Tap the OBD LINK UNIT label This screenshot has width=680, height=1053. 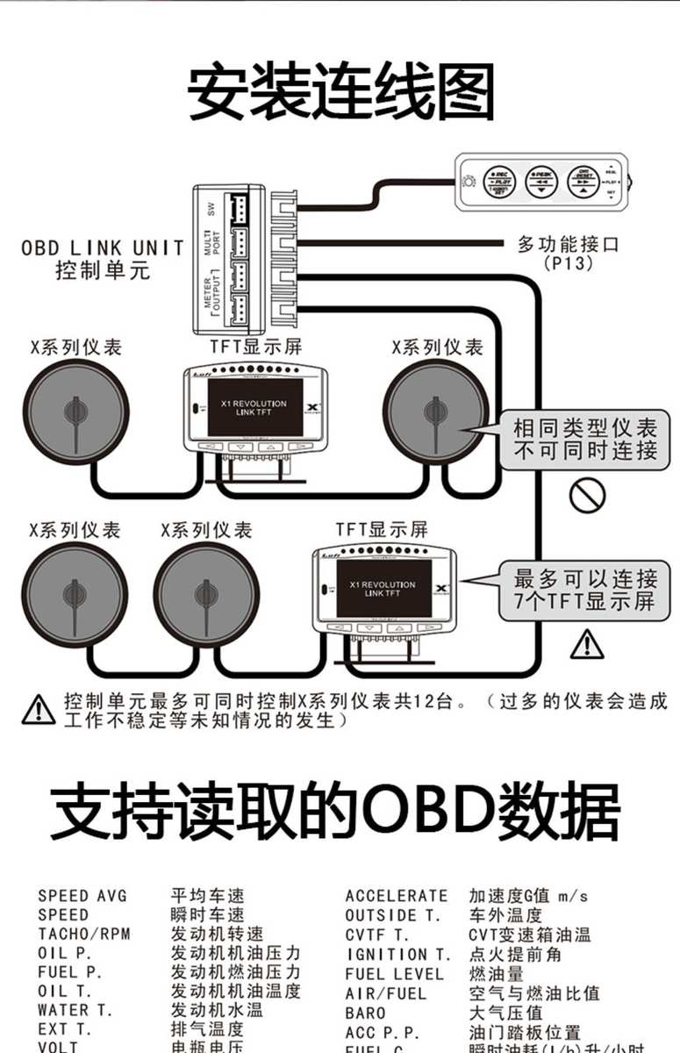pos(103,248)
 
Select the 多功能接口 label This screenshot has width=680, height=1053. pos(568,243)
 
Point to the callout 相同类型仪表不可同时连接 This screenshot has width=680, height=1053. pos(584,441)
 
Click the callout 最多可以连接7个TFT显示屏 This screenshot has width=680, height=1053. pos(585,590)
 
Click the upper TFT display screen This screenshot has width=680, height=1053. pos(254,408)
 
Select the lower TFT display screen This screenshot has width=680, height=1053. pos(383,588)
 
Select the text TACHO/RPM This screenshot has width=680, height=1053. pos(83,934)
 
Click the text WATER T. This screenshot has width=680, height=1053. pos(75,1010)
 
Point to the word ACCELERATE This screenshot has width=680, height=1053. pos(396,896)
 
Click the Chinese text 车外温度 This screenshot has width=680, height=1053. pos(505,915)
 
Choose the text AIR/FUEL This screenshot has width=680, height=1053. pos(385,993)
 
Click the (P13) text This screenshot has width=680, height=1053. pos(568,262)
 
